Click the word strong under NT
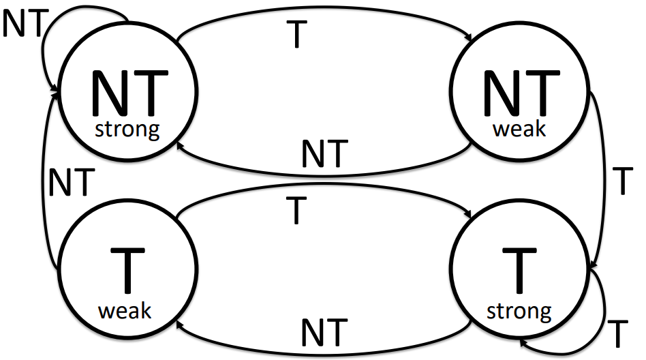[x=128, y=129]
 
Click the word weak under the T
[x=125, y=311]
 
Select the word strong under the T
[x=519, y=312]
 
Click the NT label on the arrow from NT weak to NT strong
[x=325, y=154]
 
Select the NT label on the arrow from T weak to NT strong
[x=70, y=183]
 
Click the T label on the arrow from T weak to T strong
[x=295, y=212]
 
